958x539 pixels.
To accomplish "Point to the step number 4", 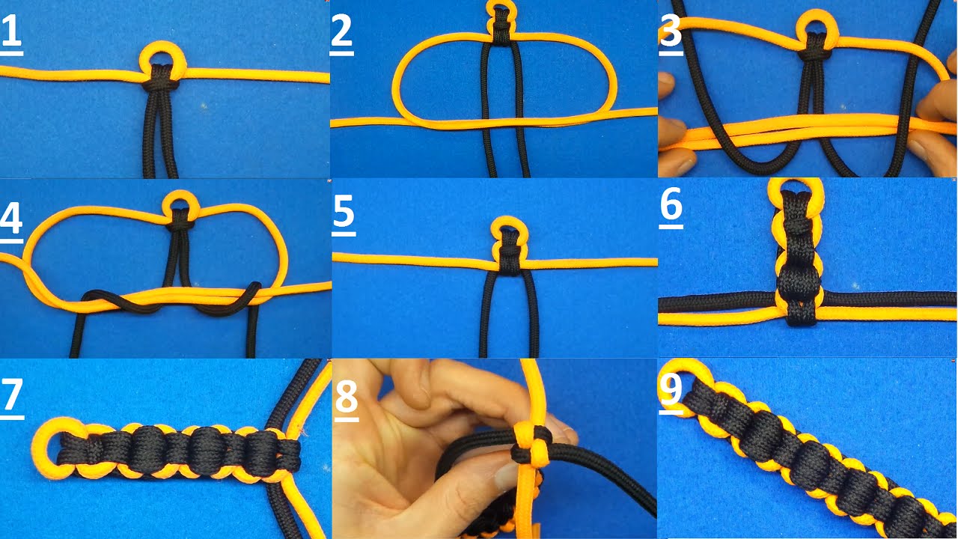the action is (11, 219).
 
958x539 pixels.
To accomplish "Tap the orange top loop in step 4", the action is (181, 195).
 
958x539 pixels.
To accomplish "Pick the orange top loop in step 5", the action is (508, 220).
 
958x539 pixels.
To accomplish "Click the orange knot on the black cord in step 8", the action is (531, 445).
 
